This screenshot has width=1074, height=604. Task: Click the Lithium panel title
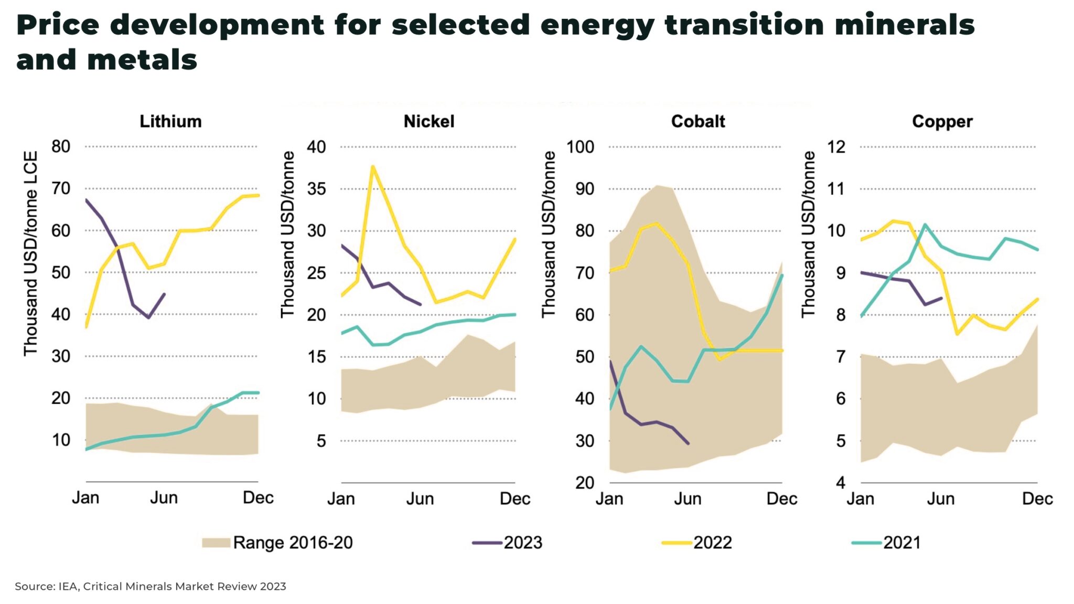click(x=170, y=121)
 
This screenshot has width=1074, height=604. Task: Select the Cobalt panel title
click(x=697, y=121)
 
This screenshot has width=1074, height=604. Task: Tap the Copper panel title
click(x=942, y=121)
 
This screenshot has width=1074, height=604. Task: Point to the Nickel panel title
click(x=428, y=121)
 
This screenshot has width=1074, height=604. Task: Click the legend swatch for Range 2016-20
click(x=216, y=543)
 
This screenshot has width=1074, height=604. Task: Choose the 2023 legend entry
click(x=522, y=543)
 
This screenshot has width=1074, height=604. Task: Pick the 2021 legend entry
click(x=901, y=543)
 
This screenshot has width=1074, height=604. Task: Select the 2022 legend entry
click(x=712, y=543)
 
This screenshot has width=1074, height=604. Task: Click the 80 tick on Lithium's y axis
click(x=61, y=146)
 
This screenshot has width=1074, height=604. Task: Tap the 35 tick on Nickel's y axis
click(x=316, y=189)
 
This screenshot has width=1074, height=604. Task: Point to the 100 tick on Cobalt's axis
click(x=580, y=147)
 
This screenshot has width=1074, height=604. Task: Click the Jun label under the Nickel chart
click(x=420, y=499)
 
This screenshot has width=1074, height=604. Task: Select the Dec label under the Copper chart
click(x=1037, y=499)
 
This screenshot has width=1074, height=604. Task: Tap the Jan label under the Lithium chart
click(x=85, y=497)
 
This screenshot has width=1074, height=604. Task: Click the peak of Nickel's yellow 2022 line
click(x=372, y=167)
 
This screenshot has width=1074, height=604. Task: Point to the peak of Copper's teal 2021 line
click(x=925, y=225)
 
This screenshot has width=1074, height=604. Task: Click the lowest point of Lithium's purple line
click(x=149, y=317)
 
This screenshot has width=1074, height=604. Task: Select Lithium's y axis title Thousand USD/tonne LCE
click(x=30, y=253)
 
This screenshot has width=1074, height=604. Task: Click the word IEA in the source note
click(x=68, y=587)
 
